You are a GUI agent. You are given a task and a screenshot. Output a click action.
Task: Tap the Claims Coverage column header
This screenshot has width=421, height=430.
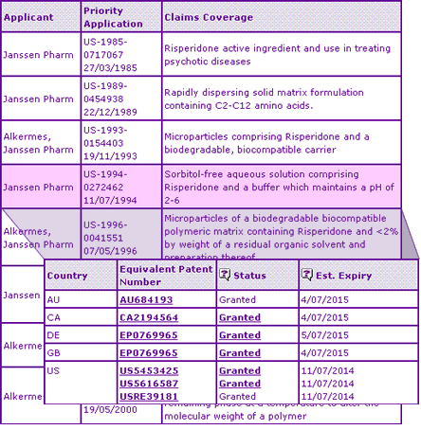(208, 17)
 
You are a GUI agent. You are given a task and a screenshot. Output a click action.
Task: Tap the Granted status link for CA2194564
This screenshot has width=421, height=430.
(240, 317)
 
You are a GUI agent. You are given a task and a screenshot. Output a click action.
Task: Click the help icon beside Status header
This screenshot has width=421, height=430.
(225, 276)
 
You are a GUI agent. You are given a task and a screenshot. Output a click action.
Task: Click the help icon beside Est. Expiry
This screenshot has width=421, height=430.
(306, 276)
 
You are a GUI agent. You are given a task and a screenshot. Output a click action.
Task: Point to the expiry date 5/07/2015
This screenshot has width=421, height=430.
(324, 335)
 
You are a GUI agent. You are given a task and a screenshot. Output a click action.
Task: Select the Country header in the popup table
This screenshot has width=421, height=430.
(67, 277)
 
